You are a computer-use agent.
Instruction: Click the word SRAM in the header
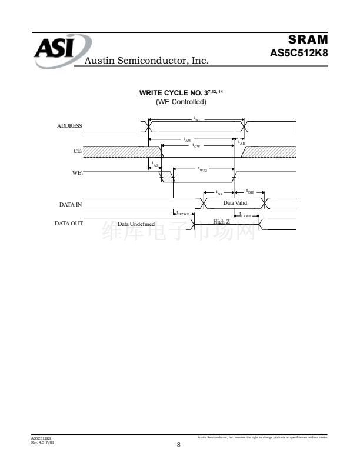coord(308,39)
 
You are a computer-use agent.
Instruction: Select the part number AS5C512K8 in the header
coord(298,53)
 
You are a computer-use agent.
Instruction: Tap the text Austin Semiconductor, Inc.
coord(147,61)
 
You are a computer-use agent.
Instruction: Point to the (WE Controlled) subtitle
coord(181,102)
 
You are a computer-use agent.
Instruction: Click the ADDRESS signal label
coord(69,125)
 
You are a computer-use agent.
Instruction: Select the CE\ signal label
coord(78,151)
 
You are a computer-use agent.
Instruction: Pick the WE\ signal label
coord(77,172)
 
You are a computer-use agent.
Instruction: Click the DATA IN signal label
coord(71,204)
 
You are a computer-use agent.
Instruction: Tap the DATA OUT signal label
coord(69,224)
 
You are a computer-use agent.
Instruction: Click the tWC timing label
coord(197,118)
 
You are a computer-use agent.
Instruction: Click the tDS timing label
coord(219,192)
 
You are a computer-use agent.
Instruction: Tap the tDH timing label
coord(249,192)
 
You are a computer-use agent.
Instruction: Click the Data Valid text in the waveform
coord(235,203)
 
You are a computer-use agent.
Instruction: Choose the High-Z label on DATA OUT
coord(221,222)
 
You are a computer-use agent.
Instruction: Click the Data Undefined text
coord(136,224)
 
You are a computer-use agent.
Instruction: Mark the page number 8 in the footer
coord(179,444)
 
